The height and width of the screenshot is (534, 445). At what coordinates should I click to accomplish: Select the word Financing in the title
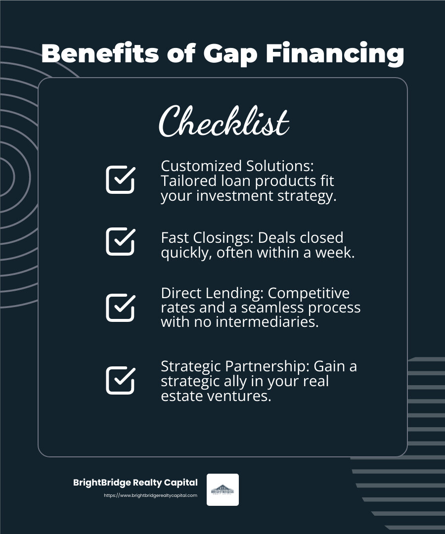[x=335, y=54]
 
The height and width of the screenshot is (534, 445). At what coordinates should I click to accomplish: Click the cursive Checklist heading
[x=223, y=122]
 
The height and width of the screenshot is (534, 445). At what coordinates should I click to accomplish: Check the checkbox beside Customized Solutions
[x=120, y=179]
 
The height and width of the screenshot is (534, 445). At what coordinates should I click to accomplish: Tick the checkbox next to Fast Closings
[x=120, y=241]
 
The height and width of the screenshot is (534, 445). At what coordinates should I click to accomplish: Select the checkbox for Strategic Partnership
[x=120, y=380]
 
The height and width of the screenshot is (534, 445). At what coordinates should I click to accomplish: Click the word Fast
[x=174, y=238]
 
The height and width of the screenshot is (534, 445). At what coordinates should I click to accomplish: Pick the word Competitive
[x=309, y=293]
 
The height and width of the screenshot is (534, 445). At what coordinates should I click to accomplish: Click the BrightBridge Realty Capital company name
[x=135, y=483]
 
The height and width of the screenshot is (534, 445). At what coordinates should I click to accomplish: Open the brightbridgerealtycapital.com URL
[x=150, y=495]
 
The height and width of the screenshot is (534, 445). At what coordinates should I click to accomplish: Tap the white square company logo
[x=222, y=489]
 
